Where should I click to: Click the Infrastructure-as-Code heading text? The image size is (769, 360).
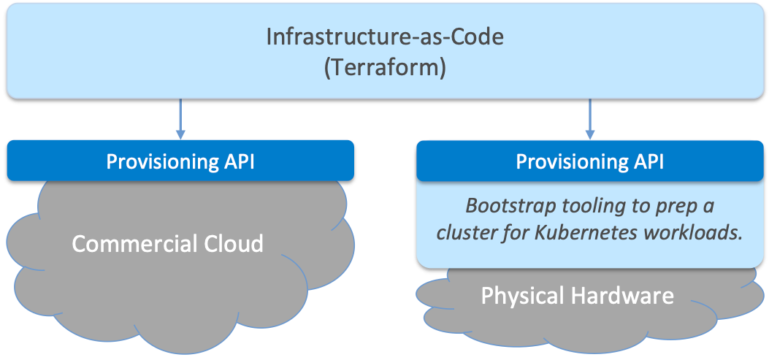pyautogui.click(x=385, y=37)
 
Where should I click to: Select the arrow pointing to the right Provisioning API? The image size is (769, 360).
pyautogui.click(x=590, y=118)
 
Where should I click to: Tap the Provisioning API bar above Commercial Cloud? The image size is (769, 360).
pyautogui.click(x=181, y=161)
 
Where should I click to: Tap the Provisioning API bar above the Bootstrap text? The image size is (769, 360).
pyautogui.click(x=590, y=161)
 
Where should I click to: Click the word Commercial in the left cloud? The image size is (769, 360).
pyautogui.click(x=134, y=243)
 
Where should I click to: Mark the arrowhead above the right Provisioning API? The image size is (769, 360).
pyautogui.click(x=590, y=134)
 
